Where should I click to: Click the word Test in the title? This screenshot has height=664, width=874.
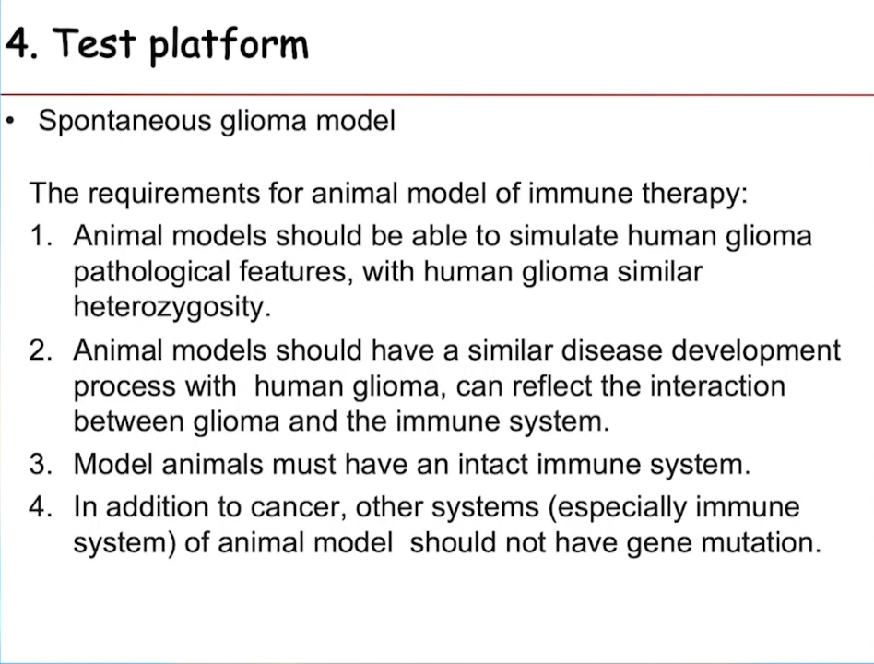click(x=94, y=42)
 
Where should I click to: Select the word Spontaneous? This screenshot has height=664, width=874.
click(x=124, y=122)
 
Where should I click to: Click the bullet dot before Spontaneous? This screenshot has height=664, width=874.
click(x=9, y=121)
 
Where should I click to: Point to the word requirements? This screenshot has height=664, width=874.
click(x=174, y=195)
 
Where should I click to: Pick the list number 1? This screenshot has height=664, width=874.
click(x=41, y=236)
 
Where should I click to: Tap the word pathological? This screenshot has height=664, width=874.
click(x=151, y=273)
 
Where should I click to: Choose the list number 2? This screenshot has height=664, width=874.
click(x=41, y=350)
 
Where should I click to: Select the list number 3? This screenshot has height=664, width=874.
click(x=41, y=465)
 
